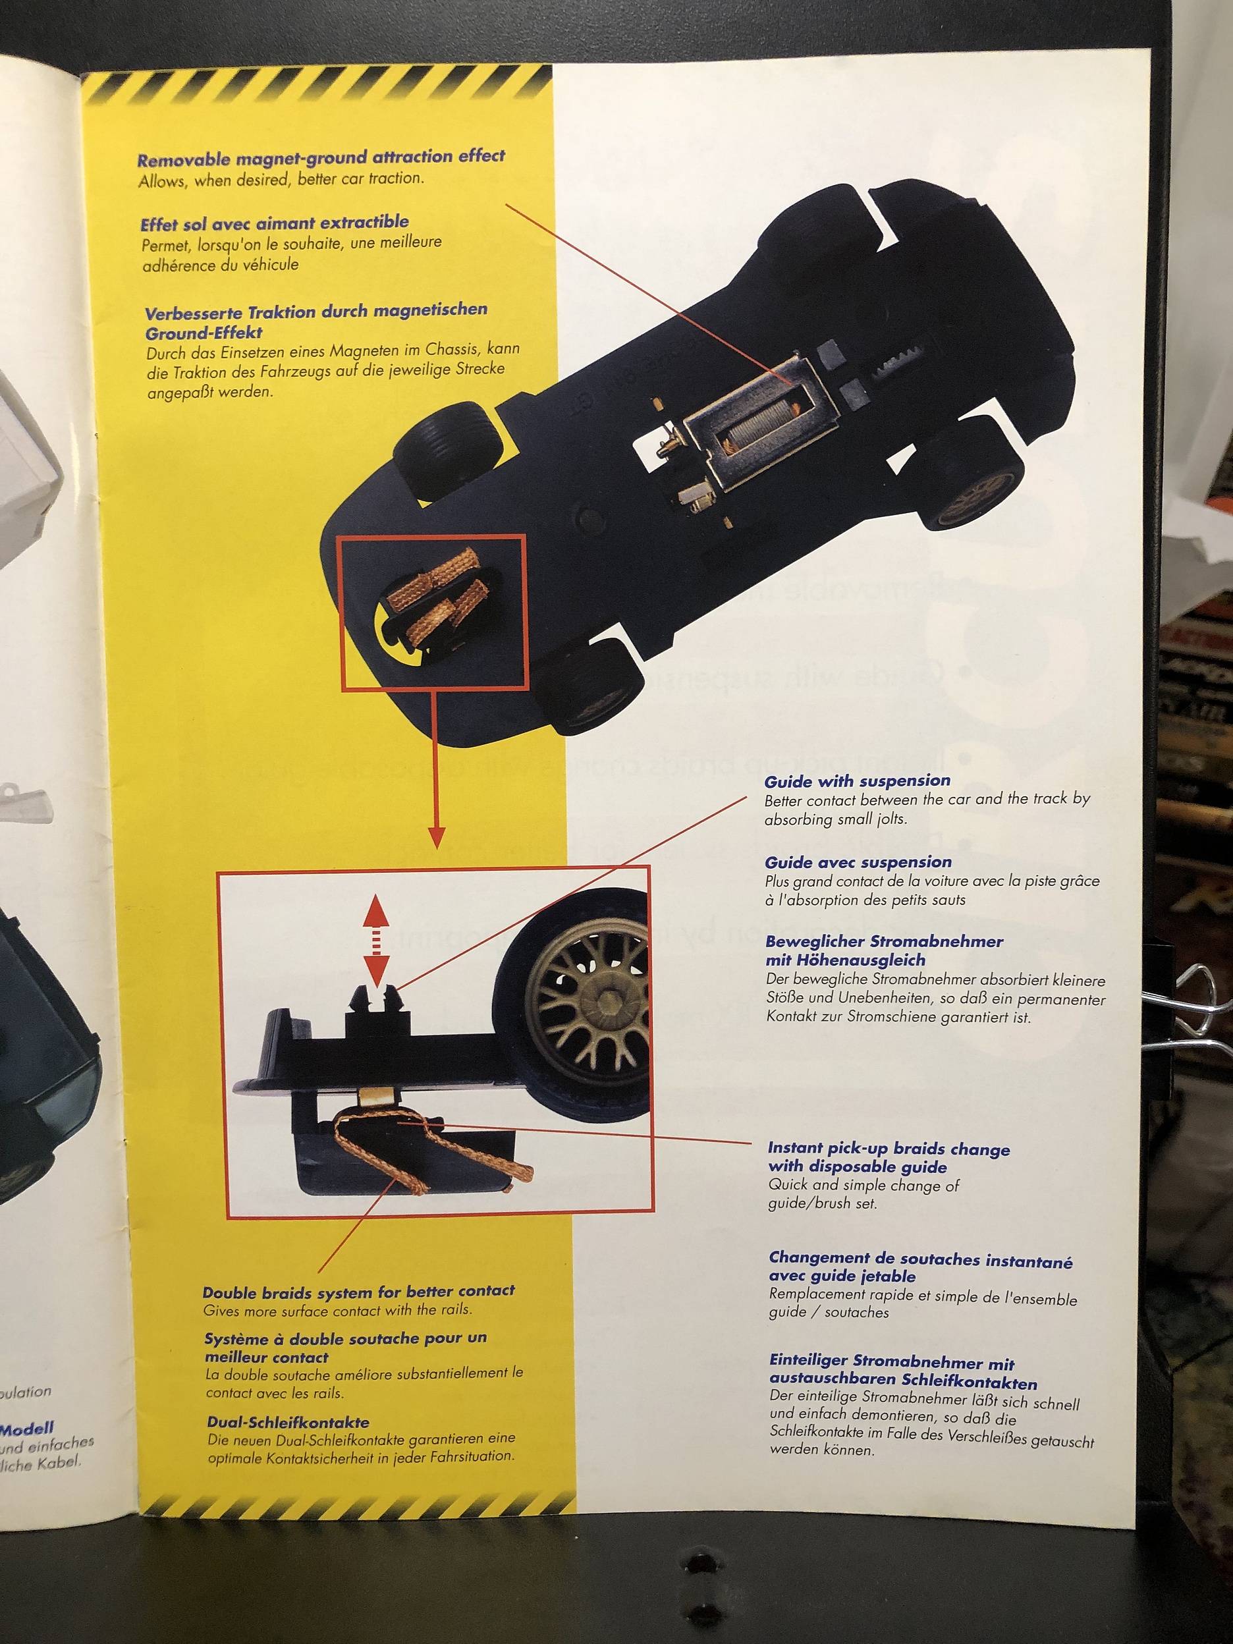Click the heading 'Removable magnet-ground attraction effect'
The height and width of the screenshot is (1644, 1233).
click(x=320, y=157)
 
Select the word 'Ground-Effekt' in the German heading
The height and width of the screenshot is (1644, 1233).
click(x=204, y=333)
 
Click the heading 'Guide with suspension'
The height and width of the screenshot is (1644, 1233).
click(x=857, y=781)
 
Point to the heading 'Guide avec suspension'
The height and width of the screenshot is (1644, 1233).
click(x=858, y=862)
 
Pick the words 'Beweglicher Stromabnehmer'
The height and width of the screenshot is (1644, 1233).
click(x=884, y=942)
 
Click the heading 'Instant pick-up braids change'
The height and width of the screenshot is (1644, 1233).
click(x=888, y=1149)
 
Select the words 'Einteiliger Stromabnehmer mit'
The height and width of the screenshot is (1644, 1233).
click(x=891, y=1361)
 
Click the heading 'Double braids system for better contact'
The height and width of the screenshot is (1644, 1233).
click(x=358, y=1291)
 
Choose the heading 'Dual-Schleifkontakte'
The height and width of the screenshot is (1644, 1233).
click(x=288, y=1422)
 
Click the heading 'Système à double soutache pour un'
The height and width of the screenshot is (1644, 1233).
click(x=345, y=1338)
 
